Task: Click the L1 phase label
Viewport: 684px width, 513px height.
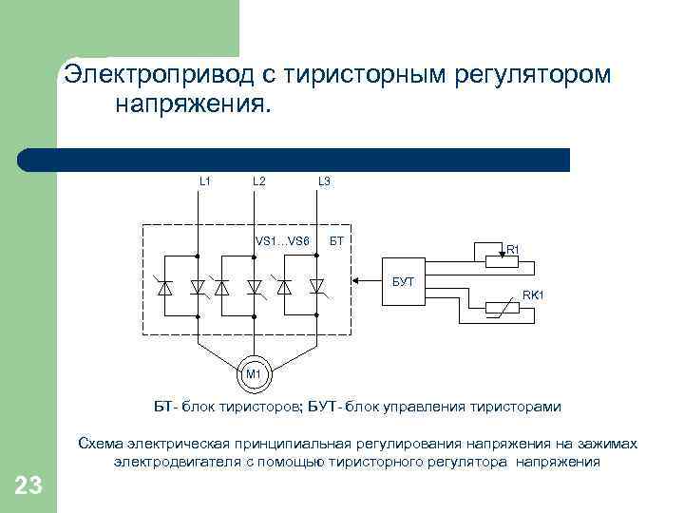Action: coord(204,180)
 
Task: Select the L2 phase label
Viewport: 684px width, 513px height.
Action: coord(259,180)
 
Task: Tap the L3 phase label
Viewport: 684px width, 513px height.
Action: coord(324,180)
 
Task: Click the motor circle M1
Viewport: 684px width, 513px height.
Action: coord(254,374)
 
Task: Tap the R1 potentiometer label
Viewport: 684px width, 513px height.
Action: coord(512,250)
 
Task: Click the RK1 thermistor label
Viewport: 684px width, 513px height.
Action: coord(532,295)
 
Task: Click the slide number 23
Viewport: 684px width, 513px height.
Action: coord(28,487)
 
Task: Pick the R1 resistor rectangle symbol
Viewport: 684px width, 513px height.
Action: coord(487,255)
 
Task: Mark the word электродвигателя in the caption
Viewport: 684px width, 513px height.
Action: coord(165,462)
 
